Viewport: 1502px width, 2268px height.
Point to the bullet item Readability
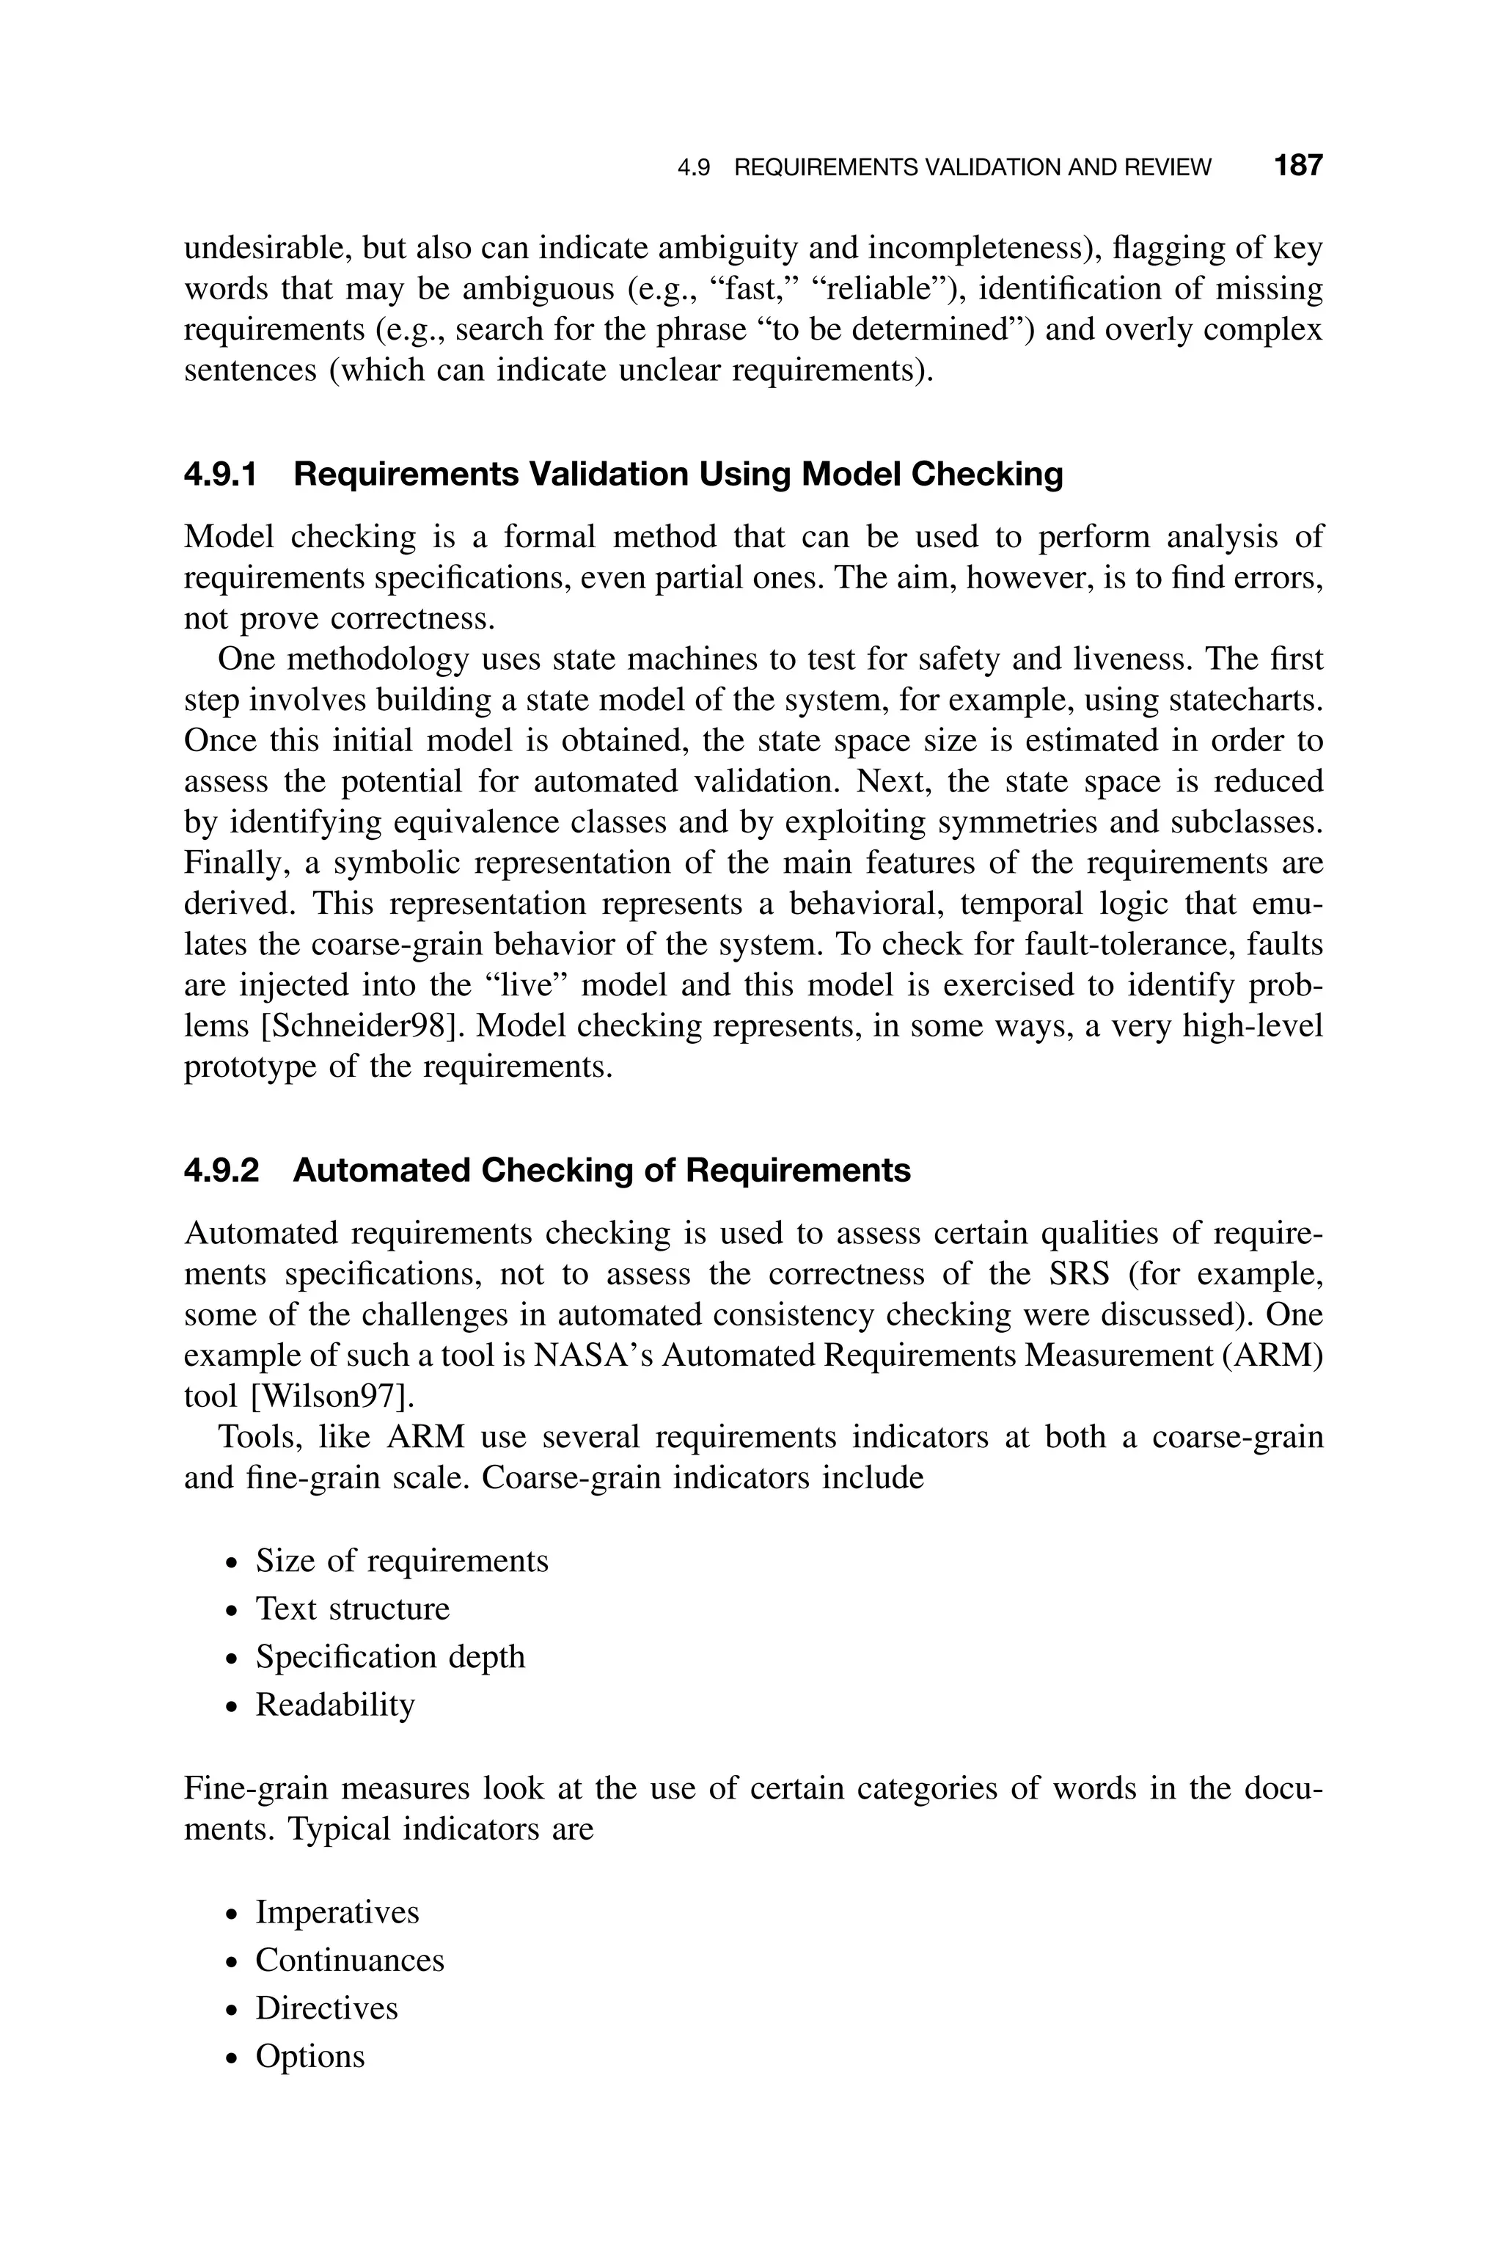pos(334,1705)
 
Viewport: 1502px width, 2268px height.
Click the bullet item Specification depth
pos(390,1657)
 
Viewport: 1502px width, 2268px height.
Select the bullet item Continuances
pos(350,1961)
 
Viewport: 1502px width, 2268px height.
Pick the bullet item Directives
pos(326,2008)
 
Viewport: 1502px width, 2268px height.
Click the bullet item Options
pos(309,2056)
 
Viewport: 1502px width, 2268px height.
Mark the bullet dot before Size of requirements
pos(231,1564)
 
